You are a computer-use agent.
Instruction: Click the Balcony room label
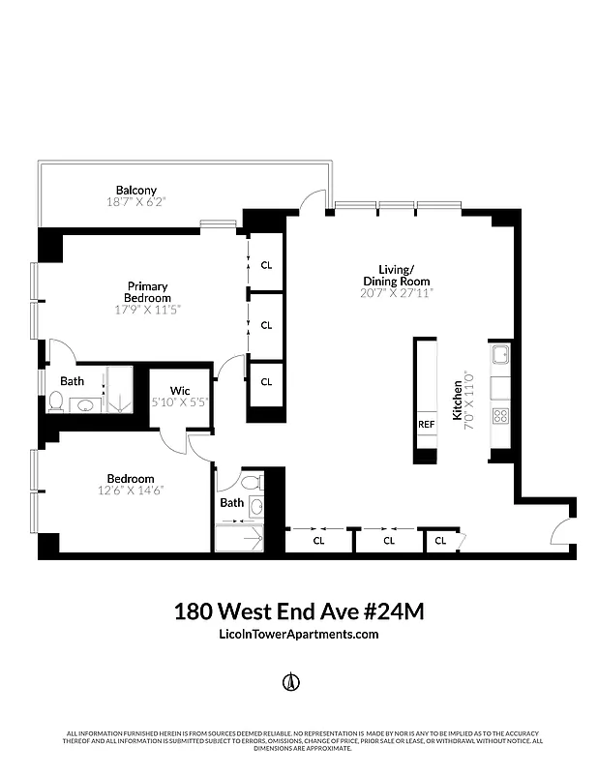135,190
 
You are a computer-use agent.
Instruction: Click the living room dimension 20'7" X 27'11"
396,291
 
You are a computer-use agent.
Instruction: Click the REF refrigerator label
426,424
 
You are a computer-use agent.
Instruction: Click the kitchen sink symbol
501,356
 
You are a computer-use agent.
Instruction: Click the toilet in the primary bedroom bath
56,403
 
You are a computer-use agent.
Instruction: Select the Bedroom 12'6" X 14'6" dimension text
131,491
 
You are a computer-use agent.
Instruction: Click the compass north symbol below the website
287,682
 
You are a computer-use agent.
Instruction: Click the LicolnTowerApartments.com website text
299,635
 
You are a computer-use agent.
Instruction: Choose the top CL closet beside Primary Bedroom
266,263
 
